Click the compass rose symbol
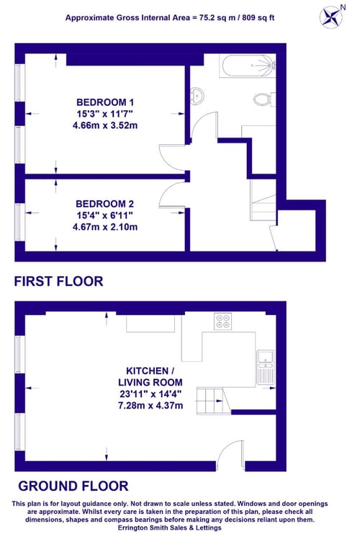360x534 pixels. [x=330, y=17]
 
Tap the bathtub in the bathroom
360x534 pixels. [x=248, y=66]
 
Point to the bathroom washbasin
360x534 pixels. [x=197, y=94]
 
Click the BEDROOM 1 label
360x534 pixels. [x=105, y=102]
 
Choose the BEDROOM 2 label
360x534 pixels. [x=105, y=204]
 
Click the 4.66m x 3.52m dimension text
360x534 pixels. [x=105, y=125]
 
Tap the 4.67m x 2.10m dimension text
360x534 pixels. [x=105, y=227]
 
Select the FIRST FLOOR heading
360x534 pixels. [x=58, y=281]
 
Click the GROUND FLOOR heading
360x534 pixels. [x=73, y=486]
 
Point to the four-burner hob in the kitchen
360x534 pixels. [x=223, y=321]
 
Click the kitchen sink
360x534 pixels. [x=265, y=367]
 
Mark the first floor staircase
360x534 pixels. [x=263, y=200]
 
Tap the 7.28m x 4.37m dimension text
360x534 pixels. [x=150, y=405]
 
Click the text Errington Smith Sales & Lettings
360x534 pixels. [x=170, y=528]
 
